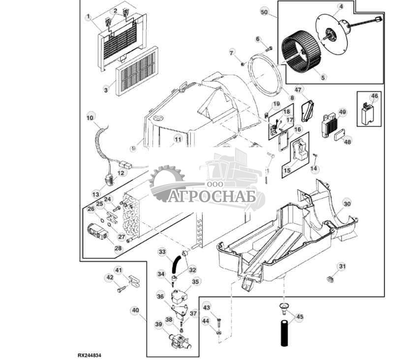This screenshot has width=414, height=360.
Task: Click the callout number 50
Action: point(264,11)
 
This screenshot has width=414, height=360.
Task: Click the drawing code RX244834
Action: point(92,355)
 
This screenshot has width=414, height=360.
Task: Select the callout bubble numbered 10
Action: point(90,118)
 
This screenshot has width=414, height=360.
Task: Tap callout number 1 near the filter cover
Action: point(89,17)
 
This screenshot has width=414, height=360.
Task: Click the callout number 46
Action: point(374,97)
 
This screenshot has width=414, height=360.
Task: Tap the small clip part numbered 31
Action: point(330,279)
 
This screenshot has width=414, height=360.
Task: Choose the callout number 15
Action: point(286,170)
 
